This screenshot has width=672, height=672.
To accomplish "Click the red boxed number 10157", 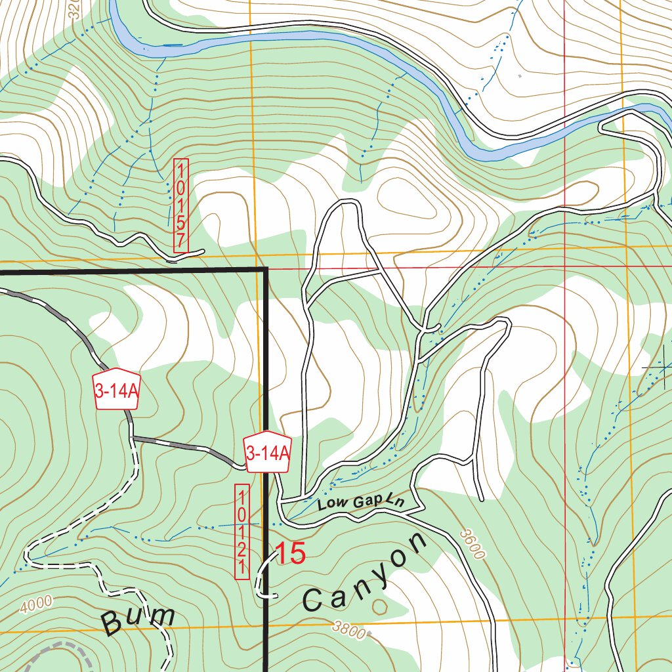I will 180,205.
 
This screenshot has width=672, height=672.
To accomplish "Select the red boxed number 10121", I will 242,532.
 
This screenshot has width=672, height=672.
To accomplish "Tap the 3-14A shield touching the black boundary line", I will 267,452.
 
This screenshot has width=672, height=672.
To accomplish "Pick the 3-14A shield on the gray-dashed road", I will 117,391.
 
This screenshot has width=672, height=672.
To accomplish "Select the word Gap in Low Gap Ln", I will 367,503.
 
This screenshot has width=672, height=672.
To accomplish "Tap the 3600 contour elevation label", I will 472,544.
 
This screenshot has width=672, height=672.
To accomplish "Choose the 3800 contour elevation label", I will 348,629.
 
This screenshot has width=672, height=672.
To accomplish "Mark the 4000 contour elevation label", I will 35,604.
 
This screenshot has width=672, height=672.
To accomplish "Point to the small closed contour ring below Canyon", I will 379,606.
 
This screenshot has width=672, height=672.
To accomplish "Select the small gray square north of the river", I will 520,76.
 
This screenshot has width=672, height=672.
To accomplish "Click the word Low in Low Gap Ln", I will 331,505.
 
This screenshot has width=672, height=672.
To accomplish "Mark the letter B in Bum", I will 115,624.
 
